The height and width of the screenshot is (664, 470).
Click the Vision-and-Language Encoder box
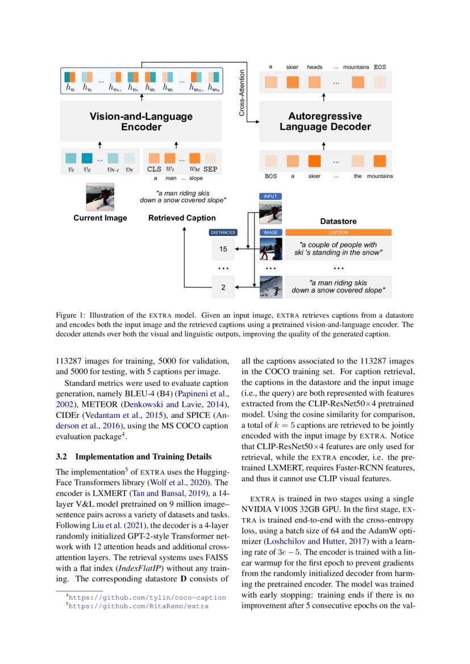pos(141,122)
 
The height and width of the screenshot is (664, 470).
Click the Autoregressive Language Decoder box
pos(325,122)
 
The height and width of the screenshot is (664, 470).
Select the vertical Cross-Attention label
pos(242,93)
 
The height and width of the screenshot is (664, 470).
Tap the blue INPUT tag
pos(270,196)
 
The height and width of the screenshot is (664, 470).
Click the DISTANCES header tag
pos(223,232)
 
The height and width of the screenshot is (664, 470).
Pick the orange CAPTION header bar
pos(338,232)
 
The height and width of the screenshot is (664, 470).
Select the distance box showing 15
pos(223,249)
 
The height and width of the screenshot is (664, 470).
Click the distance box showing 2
pos(223,287)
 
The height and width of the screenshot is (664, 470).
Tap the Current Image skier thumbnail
pos(100,197)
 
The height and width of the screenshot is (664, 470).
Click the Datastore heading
pos(338,220)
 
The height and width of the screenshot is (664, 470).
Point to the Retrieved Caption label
pos(182,218)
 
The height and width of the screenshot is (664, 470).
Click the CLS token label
pos(154,169)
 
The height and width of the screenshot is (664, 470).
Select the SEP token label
pos(210,169)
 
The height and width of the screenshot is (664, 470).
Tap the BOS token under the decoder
pos(271,176)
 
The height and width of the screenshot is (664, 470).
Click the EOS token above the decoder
pos(380,67)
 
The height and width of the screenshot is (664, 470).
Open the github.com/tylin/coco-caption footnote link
pos(147,598)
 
